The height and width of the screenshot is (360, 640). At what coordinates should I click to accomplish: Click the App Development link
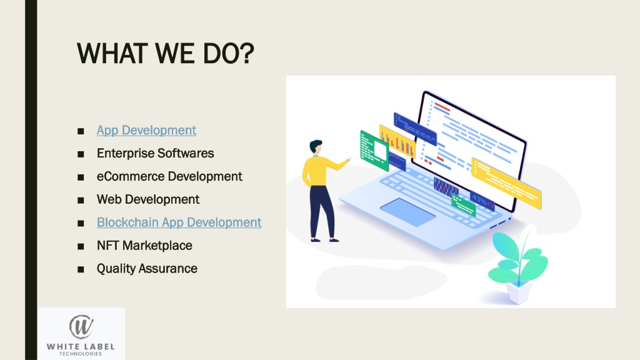[x=146, y=130]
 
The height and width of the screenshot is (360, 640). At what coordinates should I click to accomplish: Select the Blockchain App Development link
[x=179, y=222]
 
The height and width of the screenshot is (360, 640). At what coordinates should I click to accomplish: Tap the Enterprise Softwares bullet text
[x=155, y=153]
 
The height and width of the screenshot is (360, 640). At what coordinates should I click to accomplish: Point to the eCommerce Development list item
[x=169, y=176]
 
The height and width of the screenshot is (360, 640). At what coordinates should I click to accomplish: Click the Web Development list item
[x=147, y=199]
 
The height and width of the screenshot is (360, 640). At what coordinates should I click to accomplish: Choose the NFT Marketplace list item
[x=144, y=245]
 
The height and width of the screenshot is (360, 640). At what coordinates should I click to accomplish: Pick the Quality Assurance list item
[x=147, y=269]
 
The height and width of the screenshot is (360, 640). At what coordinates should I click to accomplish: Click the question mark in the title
[x=245, y=53]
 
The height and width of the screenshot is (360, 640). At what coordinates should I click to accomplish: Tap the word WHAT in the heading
[x=112, y=54]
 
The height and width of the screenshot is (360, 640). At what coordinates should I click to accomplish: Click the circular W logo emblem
[x=81, y=327]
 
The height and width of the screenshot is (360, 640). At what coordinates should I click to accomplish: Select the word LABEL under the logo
[x=97, y=347]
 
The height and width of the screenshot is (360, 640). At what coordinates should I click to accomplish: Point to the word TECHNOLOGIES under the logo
[x=81, y=354]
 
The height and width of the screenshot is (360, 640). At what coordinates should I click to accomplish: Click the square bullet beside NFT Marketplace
[x=81, y=246]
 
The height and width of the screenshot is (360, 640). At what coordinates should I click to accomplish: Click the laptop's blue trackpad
[x=407, y=212]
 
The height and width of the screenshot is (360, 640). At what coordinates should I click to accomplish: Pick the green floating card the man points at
[x=374, y=150]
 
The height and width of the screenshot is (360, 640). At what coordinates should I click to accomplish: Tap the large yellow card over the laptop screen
[x=506, y=183]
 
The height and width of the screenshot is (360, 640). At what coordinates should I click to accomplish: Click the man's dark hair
[x=316, y=145]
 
